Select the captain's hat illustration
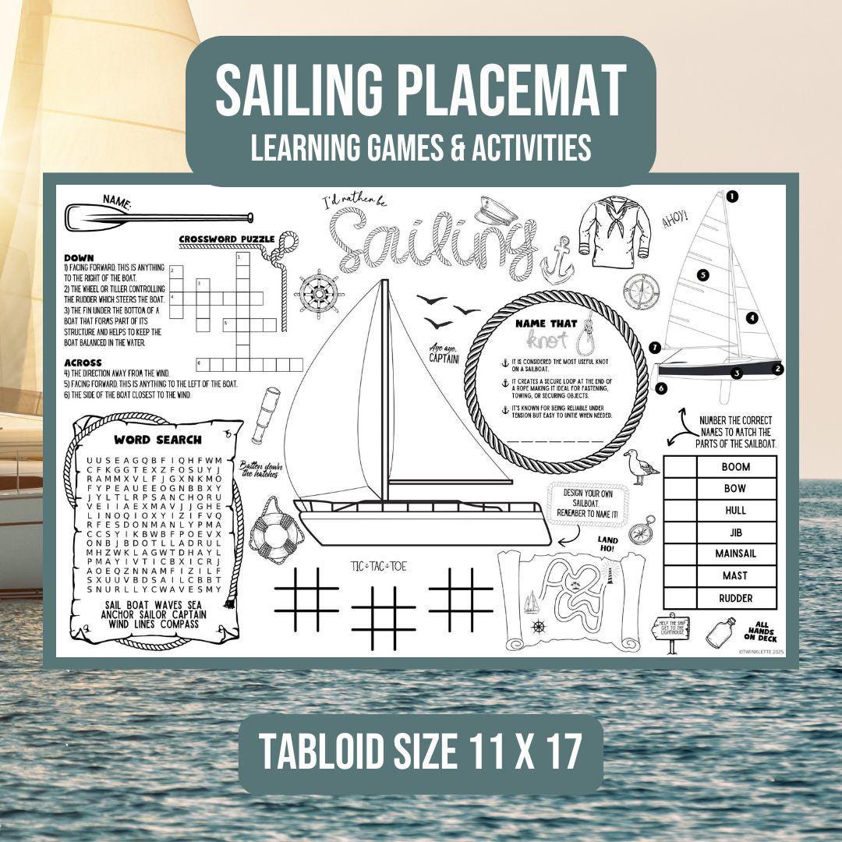[x=493, y=207]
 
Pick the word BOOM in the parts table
[x=735, y=467]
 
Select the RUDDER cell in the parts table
[x=735, y=598]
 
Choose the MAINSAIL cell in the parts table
[x=735, y=554]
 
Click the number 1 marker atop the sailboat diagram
[x=732, y=196]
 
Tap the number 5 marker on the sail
[x=702, y=274]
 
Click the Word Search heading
[x=157, y=440]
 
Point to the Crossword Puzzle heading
[x=227, y=239]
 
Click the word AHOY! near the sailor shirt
[x=675, y=220]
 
